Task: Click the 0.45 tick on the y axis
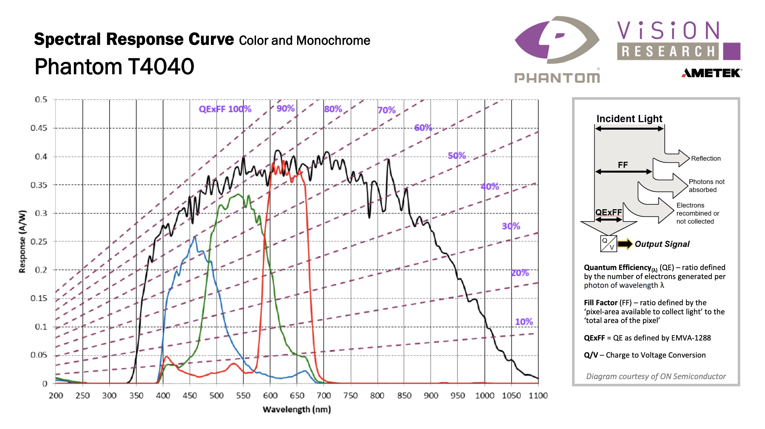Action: coord(39,128)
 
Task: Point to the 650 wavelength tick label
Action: coord(297,396)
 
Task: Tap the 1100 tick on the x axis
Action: coord(538,396)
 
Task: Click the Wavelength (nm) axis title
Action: coord(297,409)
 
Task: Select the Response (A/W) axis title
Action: coord(22,242)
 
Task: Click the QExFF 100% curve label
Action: coord(225,109)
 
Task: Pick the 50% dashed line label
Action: coord(457,156)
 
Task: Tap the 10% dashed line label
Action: coord(524,322)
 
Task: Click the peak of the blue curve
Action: coord(195,237)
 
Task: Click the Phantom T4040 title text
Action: coord(114,67)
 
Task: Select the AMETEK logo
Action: coord(712,73)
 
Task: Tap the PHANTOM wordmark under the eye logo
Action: coord(557,78)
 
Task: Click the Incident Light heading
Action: coord(629,119)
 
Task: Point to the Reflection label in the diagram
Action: coord(706,158)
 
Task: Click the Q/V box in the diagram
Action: coord(608,244)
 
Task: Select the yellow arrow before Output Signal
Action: coord(625,244)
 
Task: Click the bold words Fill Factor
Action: coord(600,303)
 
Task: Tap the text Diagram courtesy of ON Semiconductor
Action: coord(656,376)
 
